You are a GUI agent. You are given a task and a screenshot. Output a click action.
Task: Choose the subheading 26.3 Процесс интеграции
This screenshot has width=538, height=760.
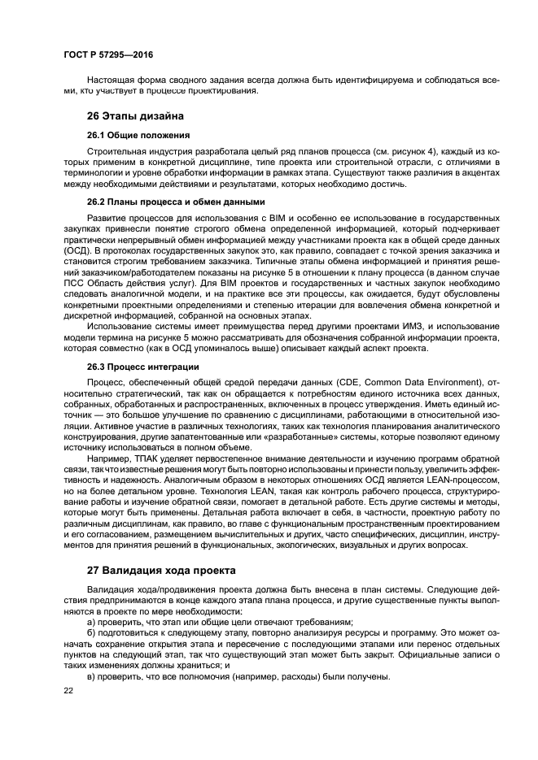tap(142, 367)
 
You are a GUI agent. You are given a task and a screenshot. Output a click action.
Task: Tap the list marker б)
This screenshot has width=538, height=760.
tap(90, 633)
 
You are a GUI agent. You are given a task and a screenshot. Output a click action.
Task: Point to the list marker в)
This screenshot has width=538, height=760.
tap(90, 677)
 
